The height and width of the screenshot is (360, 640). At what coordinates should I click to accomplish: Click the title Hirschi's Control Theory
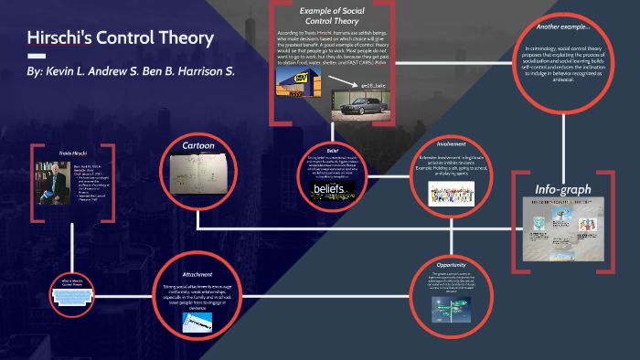(x=122, y=39)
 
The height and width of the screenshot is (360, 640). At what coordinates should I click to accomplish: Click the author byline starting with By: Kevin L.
(x=131, y=69)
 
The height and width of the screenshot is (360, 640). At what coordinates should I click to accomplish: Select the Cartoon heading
(x=198, y=145)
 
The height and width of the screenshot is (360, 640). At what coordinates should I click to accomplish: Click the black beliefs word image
(x=331, y=189)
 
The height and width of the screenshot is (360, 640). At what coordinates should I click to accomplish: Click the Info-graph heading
(x=563, y=190)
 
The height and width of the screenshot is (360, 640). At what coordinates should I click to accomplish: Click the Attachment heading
(x=197, y=273)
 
